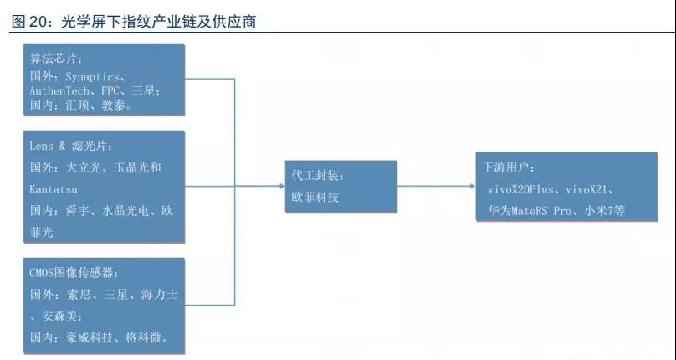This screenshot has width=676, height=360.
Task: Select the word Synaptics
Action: click(x=95, y=75)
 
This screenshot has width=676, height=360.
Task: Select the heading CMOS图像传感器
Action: click(x=74, y=273)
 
